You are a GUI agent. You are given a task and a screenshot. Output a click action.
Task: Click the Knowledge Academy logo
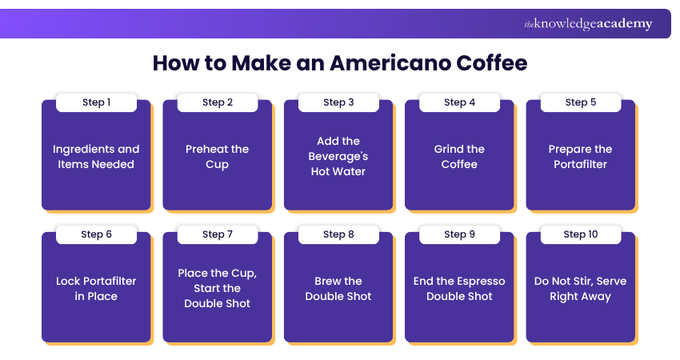[588, 24]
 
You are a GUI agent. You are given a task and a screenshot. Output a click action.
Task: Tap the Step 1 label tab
[96, 102]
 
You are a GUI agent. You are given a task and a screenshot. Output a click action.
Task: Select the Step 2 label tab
[218, 102]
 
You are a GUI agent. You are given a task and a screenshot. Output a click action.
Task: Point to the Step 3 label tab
[338, 102]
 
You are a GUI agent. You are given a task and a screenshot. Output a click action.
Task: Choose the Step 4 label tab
[459, 102]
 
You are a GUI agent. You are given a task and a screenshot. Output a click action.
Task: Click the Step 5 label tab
[580, 102]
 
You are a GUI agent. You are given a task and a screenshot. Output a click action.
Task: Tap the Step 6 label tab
[96, 234]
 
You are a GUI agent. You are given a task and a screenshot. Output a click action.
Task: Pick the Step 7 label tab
[218, 234]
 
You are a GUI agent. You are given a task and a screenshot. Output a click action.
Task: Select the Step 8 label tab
[338, 234]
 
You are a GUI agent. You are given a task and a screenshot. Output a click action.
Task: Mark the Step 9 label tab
[459, 234]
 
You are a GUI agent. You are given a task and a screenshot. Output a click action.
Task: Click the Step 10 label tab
[580, 234]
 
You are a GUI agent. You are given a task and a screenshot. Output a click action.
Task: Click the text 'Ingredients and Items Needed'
[96, 157]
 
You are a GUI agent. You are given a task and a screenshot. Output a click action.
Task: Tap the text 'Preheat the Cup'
[218, 157]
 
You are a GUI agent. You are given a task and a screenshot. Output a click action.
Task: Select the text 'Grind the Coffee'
[459, 157]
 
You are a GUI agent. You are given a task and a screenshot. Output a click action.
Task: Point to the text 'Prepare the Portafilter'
[580, 157]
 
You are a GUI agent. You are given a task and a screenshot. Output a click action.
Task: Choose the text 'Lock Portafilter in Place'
[96, 289]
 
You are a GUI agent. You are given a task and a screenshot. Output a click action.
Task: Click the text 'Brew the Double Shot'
[338, 289]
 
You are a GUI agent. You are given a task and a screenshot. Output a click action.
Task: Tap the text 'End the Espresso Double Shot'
[459, 289]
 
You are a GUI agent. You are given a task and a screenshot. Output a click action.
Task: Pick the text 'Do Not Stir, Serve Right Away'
[580, 289]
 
